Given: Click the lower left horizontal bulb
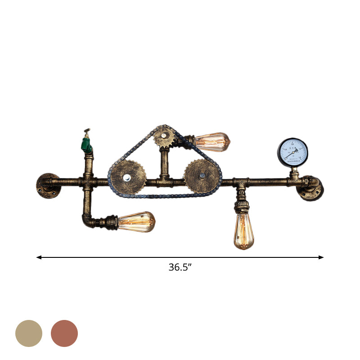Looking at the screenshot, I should coord(136,221).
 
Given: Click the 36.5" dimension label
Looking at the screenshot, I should coord(180,267).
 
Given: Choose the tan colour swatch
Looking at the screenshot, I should coord(29,333).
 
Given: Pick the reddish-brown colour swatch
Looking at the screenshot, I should coord(64,333).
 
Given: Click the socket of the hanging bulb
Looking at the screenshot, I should coord(242,207).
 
